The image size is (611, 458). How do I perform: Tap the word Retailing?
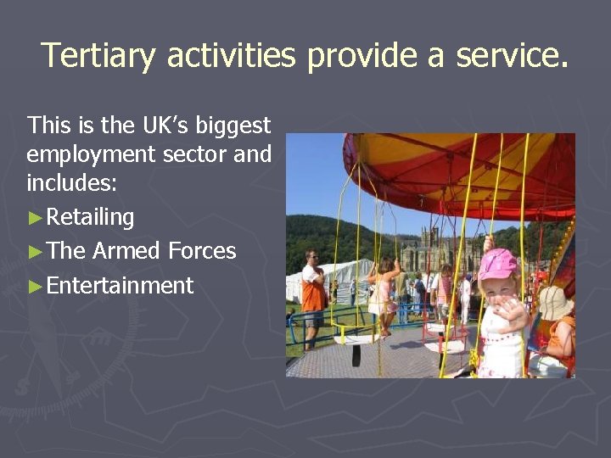90,218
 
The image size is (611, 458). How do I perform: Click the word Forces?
202,251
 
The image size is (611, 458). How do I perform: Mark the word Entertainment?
121,286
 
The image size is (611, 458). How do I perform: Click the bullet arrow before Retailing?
35,218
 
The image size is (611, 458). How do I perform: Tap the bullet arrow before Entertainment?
35,286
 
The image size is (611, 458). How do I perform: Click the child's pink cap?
498,264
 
